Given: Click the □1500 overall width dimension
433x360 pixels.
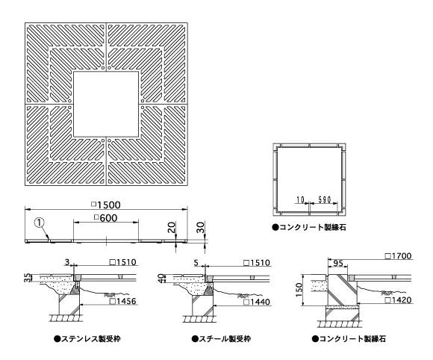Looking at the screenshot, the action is [106, 205].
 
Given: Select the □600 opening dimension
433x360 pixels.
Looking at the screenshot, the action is [106, 218].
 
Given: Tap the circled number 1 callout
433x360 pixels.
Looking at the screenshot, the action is [40, 223].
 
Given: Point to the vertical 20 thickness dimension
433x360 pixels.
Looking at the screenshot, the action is [172, 227].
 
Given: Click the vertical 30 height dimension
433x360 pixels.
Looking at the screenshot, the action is [201, 228].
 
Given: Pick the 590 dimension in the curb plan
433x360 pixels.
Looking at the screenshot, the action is [325, 199].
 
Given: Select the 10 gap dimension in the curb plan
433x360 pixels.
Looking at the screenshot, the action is [300, 199].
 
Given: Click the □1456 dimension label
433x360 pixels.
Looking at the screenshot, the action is [123, 300].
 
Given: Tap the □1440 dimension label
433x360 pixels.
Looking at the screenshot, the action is [257, 302].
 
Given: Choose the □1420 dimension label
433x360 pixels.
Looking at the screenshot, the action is [399, 300].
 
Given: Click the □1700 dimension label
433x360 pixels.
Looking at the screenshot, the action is [399, 256].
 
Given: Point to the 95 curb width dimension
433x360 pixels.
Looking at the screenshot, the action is [337, 264].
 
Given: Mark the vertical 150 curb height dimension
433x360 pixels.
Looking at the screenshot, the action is [299, 290].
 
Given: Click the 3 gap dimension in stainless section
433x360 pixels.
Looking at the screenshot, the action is [67, 261].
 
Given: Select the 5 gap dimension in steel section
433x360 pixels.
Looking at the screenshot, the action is [196, 262].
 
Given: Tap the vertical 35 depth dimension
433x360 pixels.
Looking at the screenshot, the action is [28, 278].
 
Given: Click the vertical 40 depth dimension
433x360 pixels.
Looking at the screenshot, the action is [161, 279].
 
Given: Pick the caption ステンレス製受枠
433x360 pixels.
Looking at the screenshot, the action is [87, 339].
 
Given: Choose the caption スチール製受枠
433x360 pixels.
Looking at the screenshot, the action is [222, 339].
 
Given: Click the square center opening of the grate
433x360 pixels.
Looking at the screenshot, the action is [106, 104].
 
